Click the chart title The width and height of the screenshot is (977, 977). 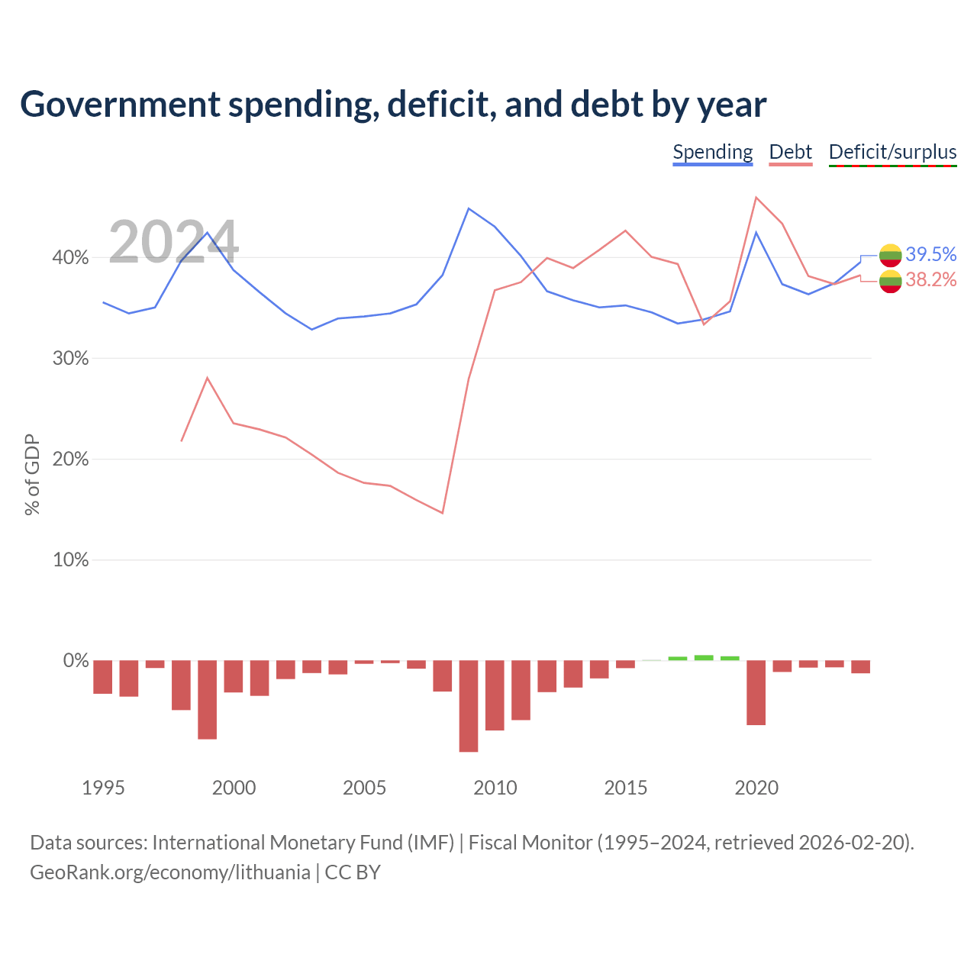tap(393, 105)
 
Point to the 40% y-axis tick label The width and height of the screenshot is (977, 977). tap(70, 257)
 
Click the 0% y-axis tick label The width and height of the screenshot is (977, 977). tap(76, 661)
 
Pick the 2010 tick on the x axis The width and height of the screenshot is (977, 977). tap(495, 788)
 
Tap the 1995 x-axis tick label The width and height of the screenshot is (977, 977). tap(103, 788)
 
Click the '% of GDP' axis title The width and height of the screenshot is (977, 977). tap(32, 475)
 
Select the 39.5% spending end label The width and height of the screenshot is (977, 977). tap(931, 254)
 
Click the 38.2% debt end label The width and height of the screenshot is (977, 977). tap(931, 279)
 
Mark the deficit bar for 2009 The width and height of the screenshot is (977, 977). tap(469, 706)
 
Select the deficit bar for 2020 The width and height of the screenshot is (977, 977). tap(756, 692)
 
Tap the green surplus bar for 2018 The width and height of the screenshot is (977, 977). tap(704, 658)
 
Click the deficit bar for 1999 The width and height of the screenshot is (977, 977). tap(208, 700)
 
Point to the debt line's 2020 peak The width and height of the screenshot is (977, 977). tap(756, 197)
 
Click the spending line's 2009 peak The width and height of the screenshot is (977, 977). tap(469, 208)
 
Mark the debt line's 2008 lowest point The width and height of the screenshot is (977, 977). tap(442, 513)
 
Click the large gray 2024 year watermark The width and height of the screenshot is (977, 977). tap(173, 241)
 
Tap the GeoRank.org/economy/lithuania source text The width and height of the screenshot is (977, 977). tap(170, 872)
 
